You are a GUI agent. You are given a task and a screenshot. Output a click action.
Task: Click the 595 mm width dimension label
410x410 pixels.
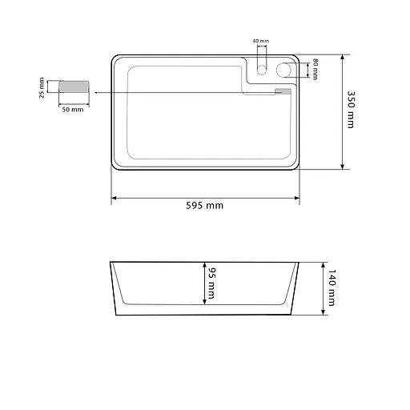[205, 206]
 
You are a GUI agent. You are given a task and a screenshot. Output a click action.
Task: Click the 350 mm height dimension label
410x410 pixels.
[351, 110]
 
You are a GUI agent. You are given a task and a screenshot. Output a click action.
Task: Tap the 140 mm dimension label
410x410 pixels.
[332, 287]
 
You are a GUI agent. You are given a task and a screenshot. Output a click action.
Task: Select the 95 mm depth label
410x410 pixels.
[211, 283]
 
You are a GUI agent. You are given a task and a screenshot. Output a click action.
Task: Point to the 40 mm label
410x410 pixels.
[261, 41]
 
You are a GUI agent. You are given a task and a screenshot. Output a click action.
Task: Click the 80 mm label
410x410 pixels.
[316, 69]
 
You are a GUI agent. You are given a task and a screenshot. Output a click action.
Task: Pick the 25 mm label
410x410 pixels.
[42, 88]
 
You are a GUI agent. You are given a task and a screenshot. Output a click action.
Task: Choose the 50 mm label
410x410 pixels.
[73, 110]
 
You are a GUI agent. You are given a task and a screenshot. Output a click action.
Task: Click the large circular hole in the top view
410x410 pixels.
[283, 70]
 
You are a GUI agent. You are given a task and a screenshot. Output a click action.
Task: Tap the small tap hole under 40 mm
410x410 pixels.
[262, 70]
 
